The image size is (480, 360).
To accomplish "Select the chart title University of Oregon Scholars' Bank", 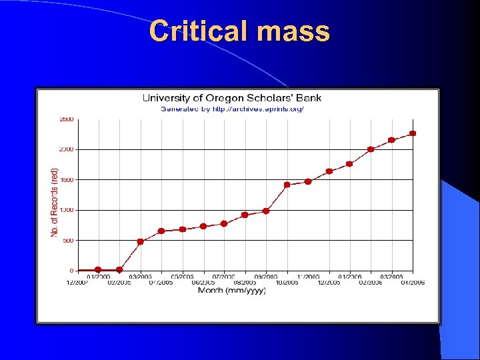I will coord(231,98).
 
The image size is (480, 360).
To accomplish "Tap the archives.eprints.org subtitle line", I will coord(231,109).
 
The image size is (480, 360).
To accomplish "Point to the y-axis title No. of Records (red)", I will coord(55,201).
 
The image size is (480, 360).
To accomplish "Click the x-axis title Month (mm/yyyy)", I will coord(231,290).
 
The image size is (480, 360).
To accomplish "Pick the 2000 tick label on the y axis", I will coord(66,149).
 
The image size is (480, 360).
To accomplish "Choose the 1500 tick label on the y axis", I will coord(66,180).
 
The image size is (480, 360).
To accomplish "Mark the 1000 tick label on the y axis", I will coord(66,210).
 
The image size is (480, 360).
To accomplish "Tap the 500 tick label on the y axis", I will coord(68,240).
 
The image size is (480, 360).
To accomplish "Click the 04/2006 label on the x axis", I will coord(413,283).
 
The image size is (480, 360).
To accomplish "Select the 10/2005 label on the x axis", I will coord(287,283).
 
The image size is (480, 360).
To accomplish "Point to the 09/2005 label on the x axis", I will coord(266,276).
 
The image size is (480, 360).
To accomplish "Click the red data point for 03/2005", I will coord(140,242).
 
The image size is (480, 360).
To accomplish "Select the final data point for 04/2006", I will coord(413,133).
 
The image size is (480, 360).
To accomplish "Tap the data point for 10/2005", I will coord(287,185).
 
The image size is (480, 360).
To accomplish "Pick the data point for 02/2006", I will coord(371,149).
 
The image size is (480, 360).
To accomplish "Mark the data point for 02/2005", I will coord(119,270).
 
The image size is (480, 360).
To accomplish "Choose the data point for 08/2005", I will coord(245,215).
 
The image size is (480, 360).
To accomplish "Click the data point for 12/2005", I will coord(329,171).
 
